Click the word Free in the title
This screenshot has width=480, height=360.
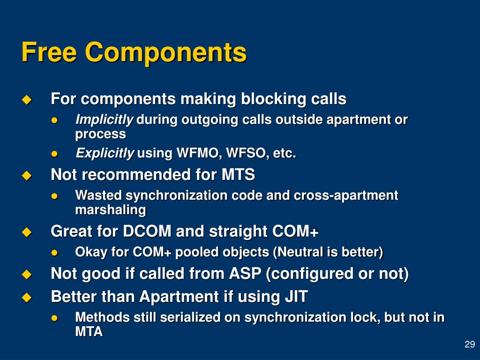click(x=49, y=52)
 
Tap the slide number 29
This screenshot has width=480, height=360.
click(x=469, y=345)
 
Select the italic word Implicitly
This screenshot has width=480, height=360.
click(x=105, y=120)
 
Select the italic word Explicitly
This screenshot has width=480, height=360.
click(x=105, y=153)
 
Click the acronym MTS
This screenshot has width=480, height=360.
click(x=238, y=175)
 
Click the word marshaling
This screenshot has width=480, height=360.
click(x=111, y=210)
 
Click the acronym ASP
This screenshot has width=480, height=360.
click(x=245, y=273)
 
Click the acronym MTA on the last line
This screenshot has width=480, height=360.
click(x=89, y=332)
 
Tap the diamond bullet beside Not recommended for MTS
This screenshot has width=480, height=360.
click(x=26, y=176)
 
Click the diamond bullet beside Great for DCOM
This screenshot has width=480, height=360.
click(x=26, y=232)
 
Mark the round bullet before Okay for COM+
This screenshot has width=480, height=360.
click(x=55, y=253)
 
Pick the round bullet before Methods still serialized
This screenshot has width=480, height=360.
click(x=55, y=318)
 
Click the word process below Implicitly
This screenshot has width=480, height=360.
click(x=100, y=134)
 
